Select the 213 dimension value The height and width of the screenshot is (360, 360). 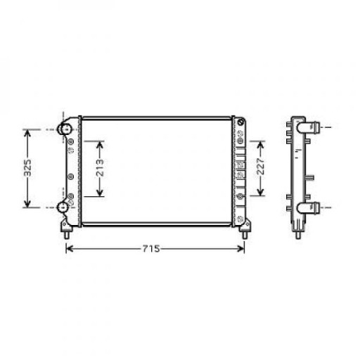pos(100,169)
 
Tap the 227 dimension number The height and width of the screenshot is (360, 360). pos(260,168)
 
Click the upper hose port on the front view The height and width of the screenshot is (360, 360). pos(64,129)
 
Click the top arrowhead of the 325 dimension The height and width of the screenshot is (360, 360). pos(28,131)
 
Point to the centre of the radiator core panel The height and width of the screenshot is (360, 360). pos(157,172)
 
